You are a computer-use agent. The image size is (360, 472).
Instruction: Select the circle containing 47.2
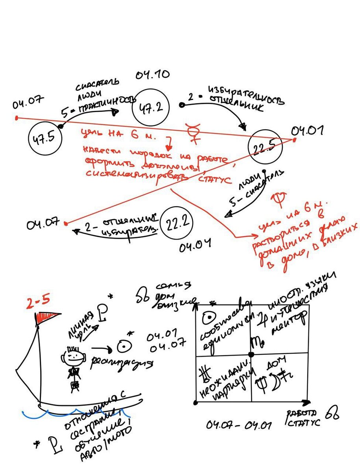[x=151, y=107]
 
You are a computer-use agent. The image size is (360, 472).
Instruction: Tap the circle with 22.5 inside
[x=265, y=149]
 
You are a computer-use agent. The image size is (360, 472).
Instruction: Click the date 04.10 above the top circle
[x=153, y=75]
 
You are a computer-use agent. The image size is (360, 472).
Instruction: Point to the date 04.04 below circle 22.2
[x=195, y=247]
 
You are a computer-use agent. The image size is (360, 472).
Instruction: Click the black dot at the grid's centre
[x=252, y=354]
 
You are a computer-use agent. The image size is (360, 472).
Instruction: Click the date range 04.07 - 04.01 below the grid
[x=238, y=425]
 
